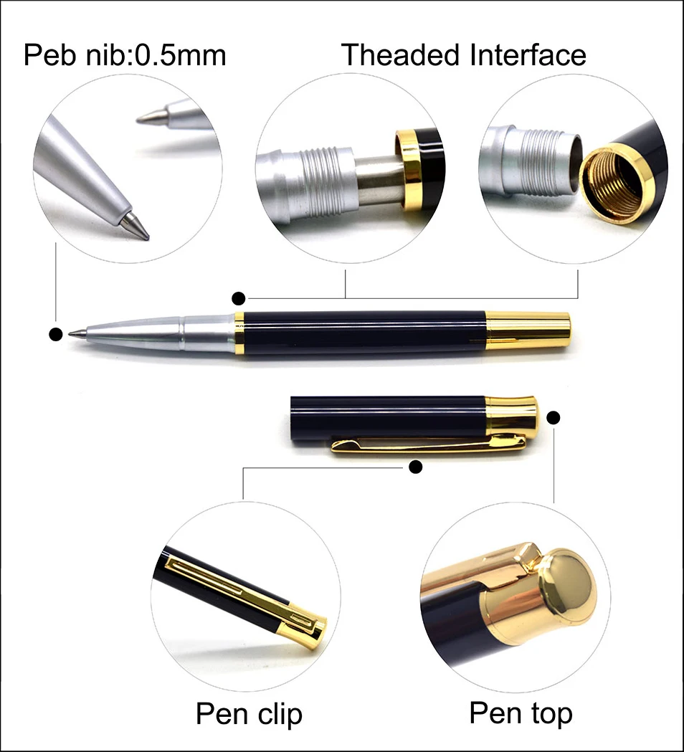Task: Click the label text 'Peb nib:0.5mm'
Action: pyautogui.click(x=125, y=55)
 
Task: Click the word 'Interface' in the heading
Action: pyautogui.click(x=528, y=55)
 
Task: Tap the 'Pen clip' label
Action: pyautogui.click(x=249, y=713)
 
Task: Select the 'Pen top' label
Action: pyautogui.click(x=521, y=713)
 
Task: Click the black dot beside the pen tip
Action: pyautogui.click(x=54, y=333)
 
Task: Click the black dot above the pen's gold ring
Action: pyautogui.click(x=239, y=297)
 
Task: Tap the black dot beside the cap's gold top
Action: pyautogui.click(x=553, y=417)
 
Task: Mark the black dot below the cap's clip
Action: pyautogui.click(x=414, y=467)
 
